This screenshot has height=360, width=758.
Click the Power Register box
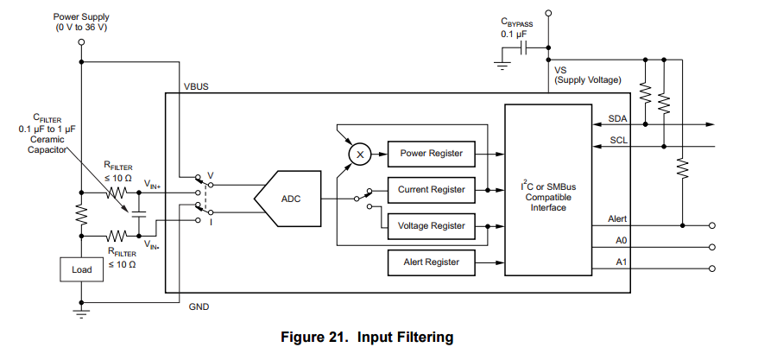(x=431, y=154)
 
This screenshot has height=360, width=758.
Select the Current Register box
(x=431, y=189)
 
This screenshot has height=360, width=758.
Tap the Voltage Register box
(x=431, y=225)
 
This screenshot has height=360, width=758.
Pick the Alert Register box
(x=431, y=261)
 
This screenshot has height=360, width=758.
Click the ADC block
(x=290, y=199)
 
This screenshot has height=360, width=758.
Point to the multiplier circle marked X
(x=360, y=154)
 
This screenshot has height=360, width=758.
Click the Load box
(x=81, y=269)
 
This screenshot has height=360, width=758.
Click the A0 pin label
(x=621, y=241)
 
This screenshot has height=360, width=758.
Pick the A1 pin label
(x=621, y=261)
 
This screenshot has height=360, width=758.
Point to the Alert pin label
(x=617, y=219)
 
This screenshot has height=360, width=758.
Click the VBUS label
(x=196, y=87)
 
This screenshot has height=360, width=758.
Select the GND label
(x=199, y=306)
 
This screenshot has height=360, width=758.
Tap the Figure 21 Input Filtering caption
(x=367, y=337)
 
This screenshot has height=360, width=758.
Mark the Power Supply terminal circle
(x=81, y=41)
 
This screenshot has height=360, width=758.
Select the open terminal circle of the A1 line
(x=712, y=268)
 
